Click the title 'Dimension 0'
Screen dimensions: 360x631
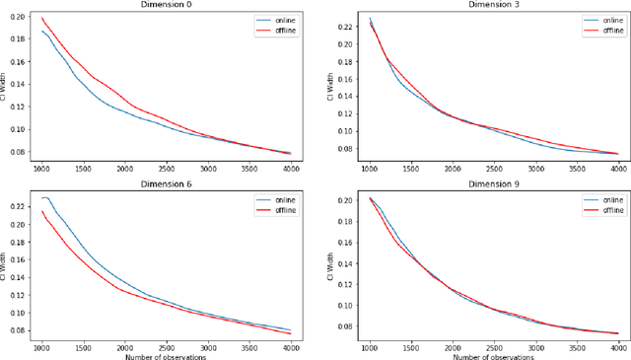pyautogui.click(x=164, y=5)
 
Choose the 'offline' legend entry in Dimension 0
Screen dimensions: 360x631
pyautogui.click(x=282, y=30)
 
